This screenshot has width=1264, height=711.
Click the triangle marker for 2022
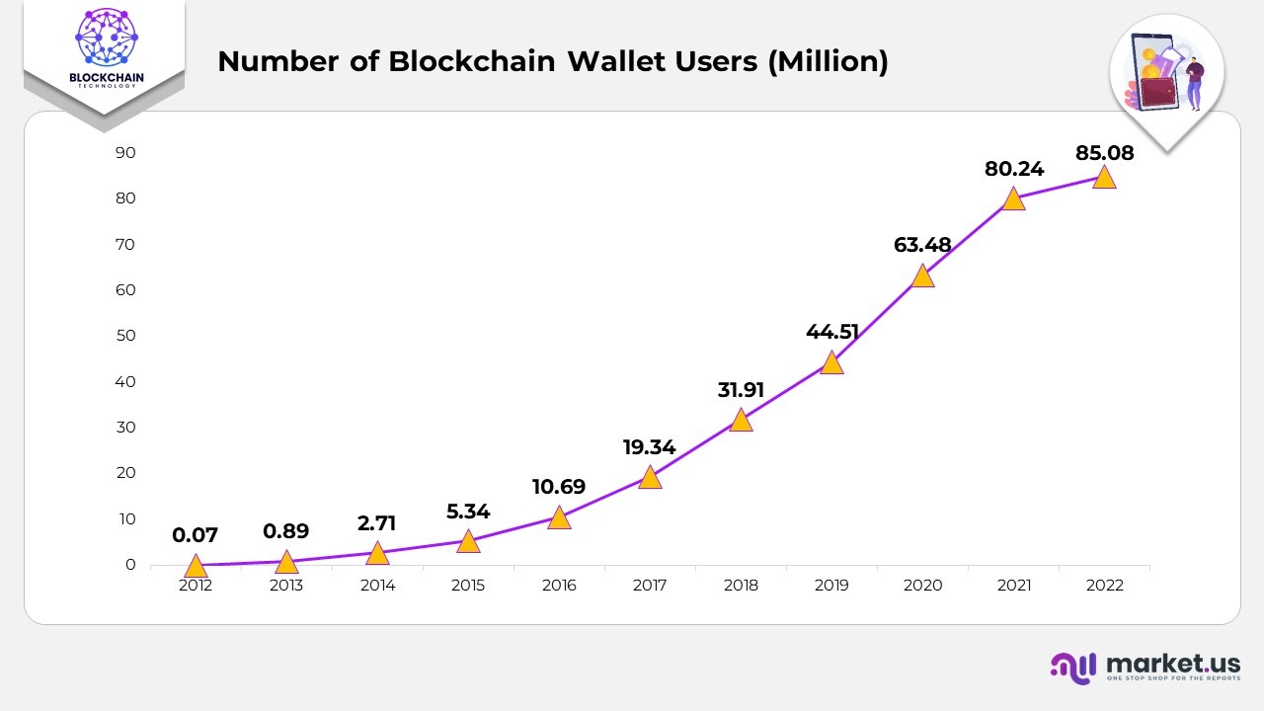(1104, 178)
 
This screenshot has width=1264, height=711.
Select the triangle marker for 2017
(650, 478)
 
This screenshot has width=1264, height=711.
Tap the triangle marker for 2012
(196, 566)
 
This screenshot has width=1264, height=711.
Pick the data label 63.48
(922, 245)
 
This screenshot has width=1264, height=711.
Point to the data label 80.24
(1014, 169)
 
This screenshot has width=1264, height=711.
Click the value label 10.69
(559, 487)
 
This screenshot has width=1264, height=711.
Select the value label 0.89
(286, 531)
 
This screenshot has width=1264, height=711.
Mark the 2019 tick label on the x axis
(831, 586)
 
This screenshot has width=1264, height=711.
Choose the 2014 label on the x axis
(377, 586)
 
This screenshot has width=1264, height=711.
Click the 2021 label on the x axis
(1013, 586)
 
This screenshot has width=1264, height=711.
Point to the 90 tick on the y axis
(125, 153)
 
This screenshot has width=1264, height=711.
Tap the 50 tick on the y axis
(125, 336)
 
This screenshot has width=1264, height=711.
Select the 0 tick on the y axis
(130, 565)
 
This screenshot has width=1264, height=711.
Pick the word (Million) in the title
(828, 61)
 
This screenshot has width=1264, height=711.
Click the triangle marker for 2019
(831, 363)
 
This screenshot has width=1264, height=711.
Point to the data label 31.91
(741, 390)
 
